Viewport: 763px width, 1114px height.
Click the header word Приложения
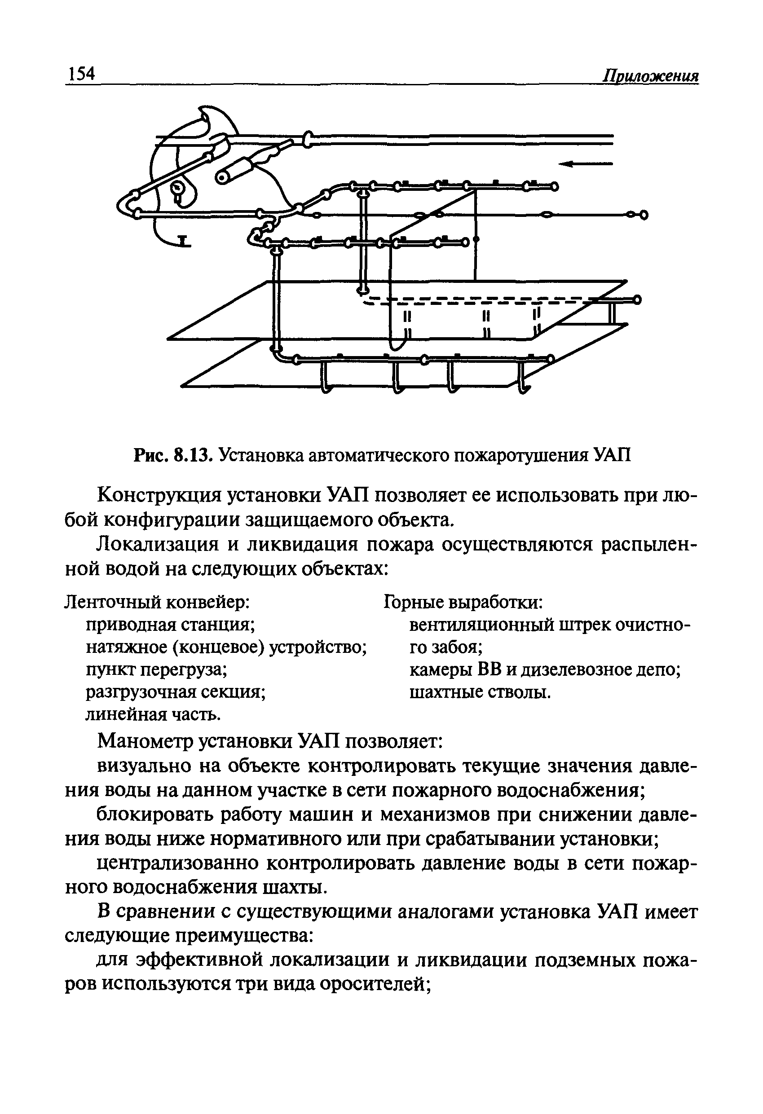650,76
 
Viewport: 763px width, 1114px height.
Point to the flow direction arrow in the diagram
585,164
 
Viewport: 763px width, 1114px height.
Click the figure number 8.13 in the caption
192,455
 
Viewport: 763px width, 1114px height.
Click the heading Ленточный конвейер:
157,602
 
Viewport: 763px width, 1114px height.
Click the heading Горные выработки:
463,602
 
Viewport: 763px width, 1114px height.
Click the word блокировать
160,815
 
